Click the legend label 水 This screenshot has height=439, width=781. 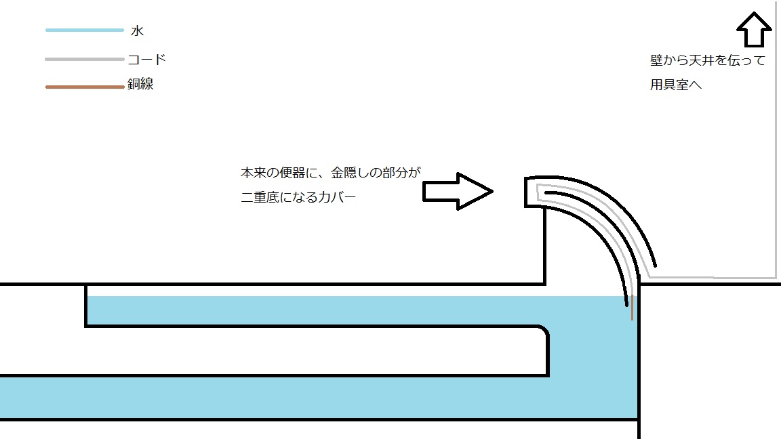[138, 31]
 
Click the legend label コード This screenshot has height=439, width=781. [146, 60]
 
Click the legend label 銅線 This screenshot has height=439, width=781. [140, 85]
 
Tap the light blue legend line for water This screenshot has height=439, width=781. [84, 30]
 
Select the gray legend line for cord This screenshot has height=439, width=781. [84, 60]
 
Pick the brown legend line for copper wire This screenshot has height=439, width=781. [84, 87]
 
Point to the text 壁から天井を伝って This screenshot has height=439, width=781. [707, 61]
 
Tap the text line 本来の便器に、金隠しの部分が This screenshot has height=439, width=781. [331, 173]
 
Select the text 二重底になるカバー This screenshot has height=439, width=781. [298, 198]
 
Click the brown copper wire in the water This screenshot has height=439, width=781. [632, 310]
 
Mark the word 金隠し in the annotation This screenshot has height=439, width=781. [350, 173]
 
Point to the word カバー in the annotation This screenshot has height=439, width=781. [336, 198]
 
